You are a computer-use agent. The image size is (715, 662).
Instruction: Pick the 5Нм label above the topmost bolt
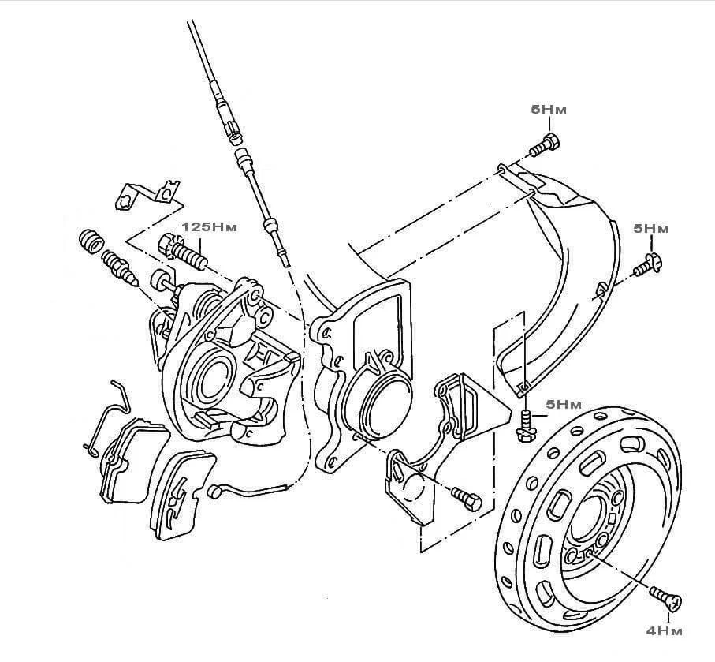point(549,111)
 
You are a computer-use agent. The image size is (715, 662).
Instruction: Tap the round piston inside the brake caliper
point(210,379)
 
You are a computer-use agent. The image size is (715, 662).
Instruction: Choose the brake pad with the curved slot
point(181,493)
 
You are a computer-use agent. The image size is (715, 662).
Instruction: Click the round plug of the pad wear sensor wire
point(214,491)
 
